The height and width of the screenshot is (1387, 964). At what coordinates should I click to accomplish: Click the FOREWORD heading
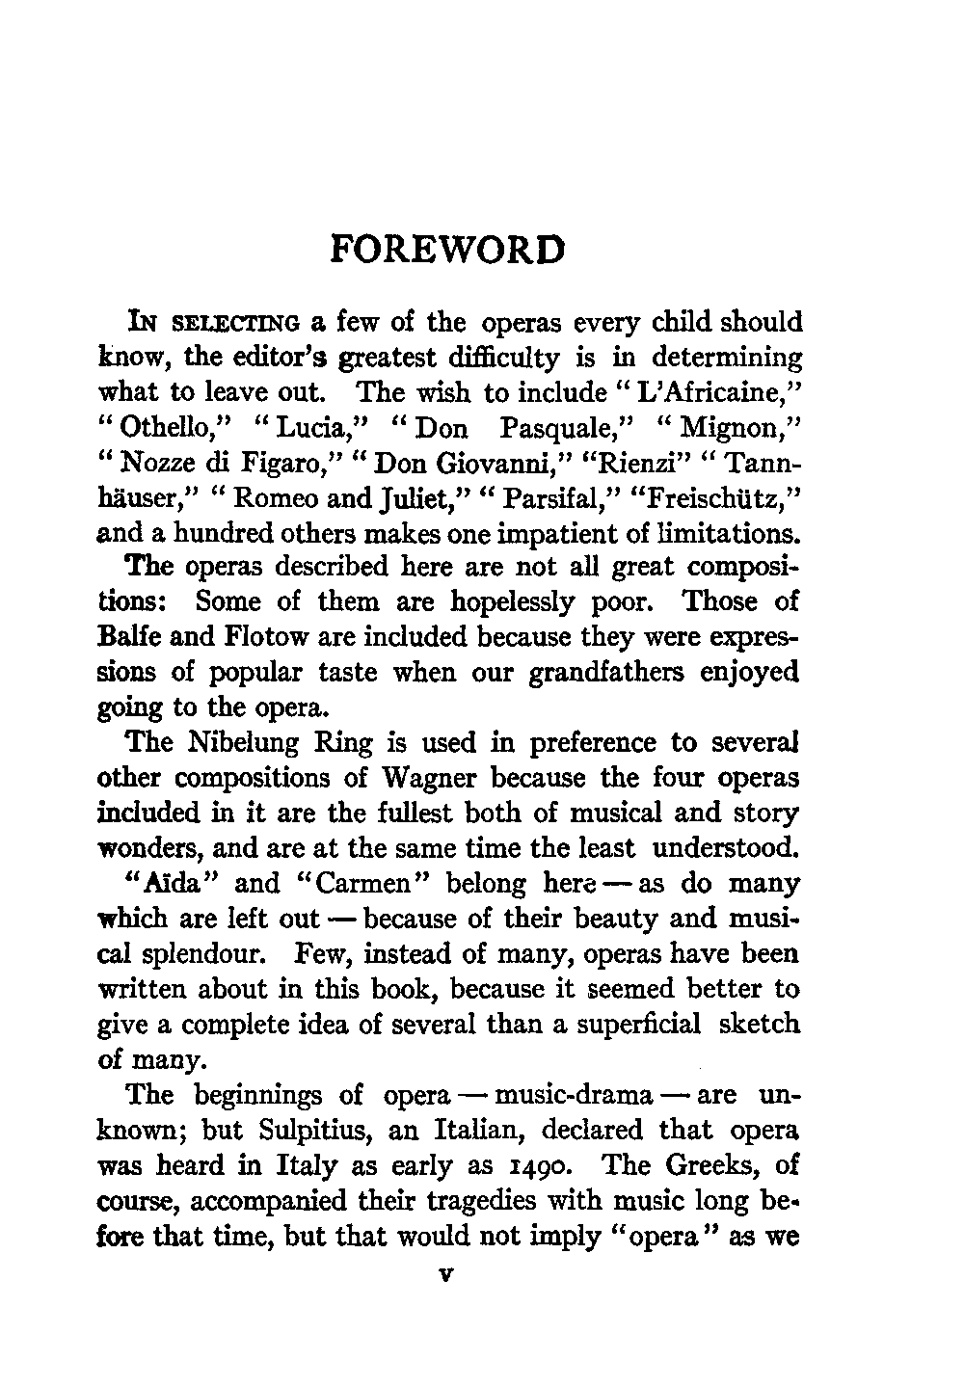coord(446,249)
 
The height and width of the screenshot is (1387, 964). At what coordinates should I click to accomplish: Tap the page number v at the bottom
coord(445,1272)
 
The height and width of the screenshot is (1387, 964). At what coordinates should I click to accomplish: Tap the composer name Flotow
coord(238,637)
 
